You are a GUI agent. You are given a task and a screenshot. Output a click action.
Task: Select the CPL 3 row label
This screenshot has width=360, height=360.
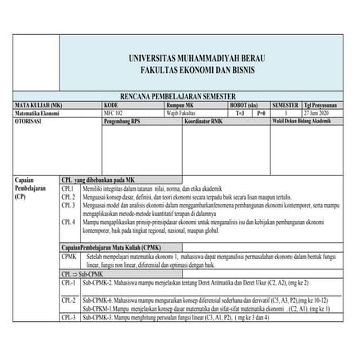pos(69,205)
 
